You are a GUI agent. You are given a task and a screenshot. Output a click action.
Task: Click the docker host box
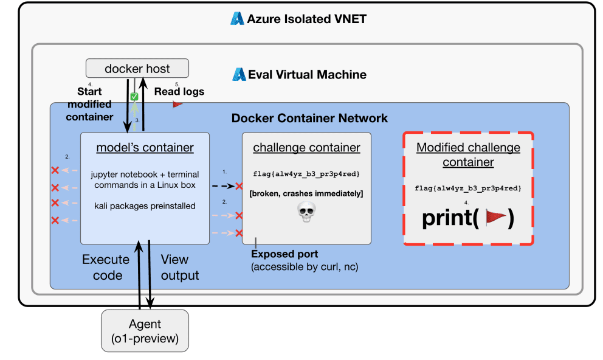tap(137, 68)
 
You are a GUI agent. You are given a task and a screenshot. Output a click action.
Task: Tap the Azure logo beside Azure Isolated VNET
tap(237, 19)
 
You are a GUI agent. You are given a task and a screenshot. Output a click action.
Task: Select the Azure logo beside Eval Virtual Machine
tap(239, 75)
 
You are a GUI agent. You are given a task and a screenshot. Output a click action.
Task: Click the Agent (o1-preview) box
tap(145, 330)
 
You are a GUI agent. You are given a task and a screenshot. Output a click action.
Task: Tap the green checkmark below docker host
tap(135, 97)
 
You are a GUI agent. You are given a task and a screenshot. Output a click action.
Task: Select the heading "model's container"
tap(145, 148)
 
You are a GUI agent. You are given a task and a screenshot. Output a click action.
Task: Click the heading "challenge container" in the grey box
tap(306, 148)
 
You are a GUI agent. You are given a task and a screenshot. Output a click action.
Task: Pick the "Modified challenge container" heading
tap(468, 154)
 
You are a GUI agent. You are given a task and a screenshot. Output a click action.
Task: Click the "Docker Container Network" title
tap(309, 118)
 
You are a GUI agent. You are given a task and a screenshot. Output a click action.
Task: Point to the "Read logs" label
tap(179, 92)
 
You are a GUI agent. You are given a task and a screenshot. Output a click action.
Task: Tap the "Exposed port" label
tap(284, 254)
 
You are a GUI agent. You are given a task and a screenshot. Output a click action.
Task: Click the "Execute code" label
tap(106, 267)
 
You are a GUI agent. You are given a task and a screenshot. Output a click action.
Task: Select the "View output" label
tap(179, 267)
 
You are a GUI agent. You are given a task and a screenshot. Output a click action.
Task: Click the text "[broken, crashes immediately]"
tap(306, 193)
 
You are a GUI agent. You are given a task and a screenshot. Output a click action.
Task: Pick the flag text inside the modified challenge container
tap(468, 189)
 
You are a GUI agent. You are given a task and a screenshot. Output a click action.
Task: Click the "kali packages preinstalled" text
tap(145, 206)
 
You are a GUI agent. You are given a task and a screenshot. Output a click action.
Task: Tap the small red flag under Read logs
tap(177, 104)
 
